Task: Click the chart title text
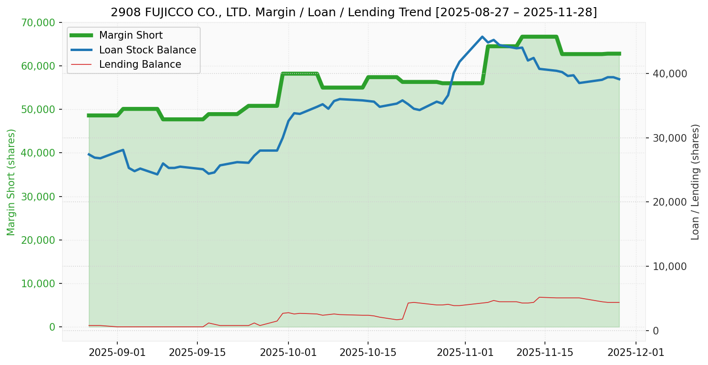click(x=354, y=12)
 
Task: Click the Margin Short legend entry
click(x=131, y=35)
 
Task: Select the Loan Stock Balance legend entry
click(x=147, y=50)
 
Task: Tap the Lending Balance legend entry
click(x=140, y=64)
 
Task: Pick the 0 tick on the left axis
click(x=52, y=327)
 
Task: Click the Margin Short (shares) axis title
click(x=11, y=182)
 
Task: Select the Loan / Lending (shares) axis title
click(x=695, y=182)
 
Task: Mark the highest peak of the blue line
click(x=482, y=37)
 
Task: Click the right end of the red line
click(x=619, y=302)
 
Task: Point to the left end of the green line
click(x=89, y=115)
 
